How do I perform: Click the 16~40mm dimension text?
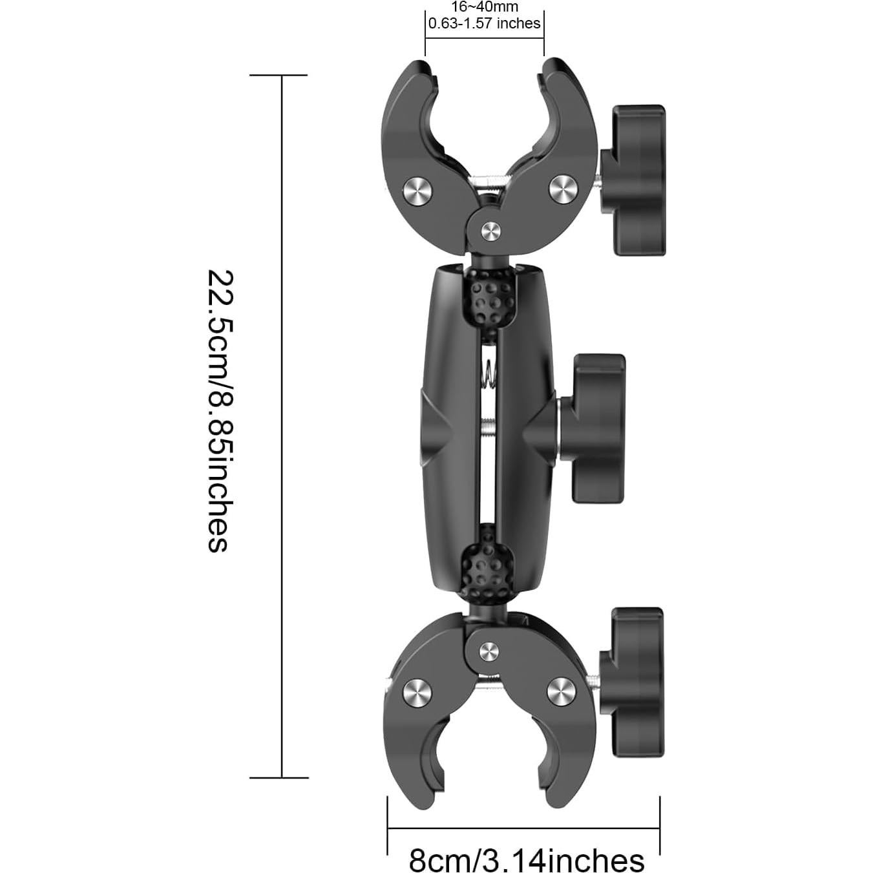tap(484, 7)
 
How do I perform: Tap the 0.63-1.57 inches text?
tap(484, 24)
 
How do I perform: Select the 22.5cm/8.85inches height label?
tap(218, 411)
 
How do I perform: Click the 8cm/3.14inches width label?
tap(526, 860)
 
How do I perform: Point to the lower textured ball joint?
tap(488, 569)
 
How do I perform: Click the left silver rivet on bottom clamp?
tap(417, 693)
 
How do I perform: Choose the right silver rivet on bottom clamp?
tap(562, 692)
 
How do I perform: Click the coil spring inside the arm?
tap(489, 377)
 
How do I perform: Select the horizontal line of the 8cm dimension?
tap(523, 827)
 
